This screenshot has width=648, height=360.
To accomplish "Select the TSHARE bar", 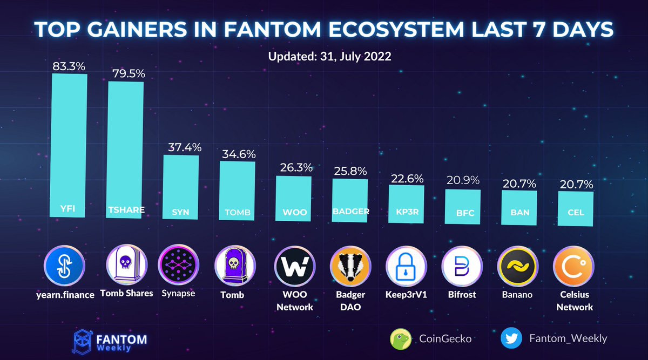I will click(x=126, y=148).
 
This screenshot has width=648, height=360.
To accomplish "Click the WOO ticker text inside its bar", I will click(x=294, y=212).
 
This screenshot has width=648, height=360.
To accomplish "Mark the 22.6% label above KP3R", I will click(x=407, y=178).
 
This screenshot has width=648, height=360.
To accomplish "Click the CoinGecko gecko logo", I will click(x=401, y=338).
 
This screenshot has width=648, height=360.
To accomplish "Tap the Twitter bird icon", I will click(x=510, y=338).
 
